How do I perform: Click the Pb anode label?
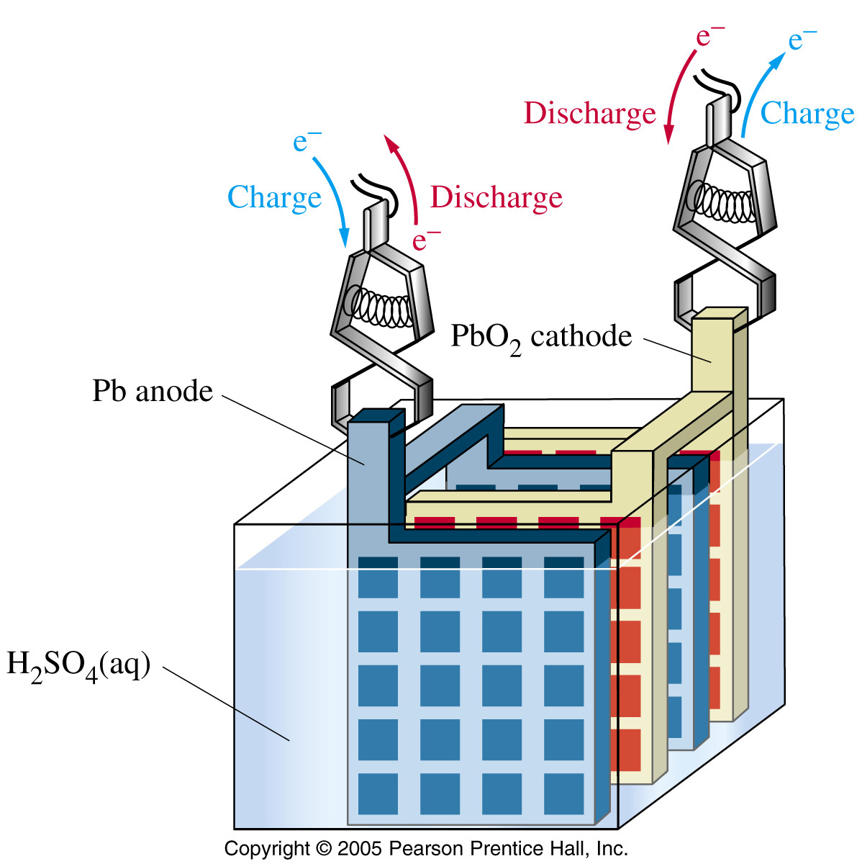[x=153, y=391]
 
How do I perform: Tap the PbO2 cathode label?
[x=541, y=337]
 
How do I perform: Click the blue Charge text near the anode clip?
[x=274, y=198]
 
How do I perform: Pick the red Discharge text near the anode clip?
[x=496, y=198]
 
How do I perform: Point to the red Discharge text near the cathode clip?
[x=590, y=114]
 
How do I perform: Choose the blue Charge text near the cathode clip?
[x=807, y=113]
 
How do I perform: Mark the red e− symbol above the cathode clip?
[x=710, y=37]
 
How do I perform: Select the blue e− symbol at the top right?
[x=802, y=40]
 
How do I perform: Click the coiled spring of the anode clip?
[x=378, y=307]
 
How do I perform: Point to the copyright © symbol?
[x=323, y=849]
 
